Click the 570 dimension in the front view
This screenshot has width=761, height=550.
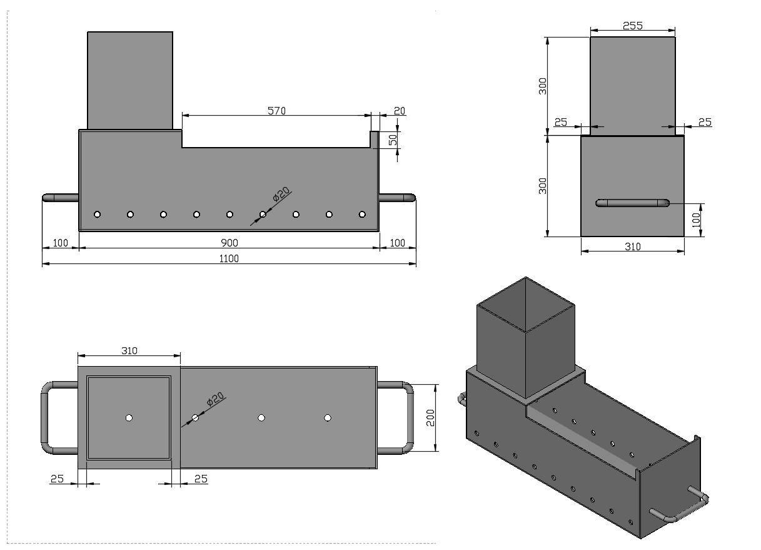(276, 111)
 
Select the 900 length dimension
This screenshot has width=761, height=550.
(229, 243)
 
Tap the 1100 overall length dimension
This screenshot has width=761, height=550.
(229, 258)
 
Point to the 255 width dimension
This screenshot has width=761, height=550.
(633, 26)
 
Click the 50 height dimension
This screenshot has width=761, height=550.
(393, 140)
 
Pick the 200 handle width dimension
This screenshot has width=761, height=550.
(430, 418)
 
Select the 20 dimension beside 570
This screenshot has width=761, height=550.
(400, 111)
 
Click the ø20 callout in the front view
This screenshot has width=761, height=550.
(281, 195)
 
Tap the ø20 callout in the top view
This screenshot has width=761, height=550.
(215, 399)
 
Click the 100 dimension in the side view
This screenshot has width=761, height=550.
(696, 220)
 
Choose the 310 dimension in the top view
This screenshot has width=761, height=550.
(129, 350)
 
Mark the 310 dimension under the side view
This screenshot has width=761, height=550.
(633, 247)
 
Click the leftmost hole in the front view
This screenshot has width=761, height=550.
(97, 215)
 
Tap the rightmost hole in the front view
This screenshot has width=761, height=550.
(362, 215)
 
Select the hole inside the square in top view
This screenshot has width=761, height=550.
(129, 418)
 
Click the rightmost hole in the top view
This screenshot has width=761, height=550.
(328, 418)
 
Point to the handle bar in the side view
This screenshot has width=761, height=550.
(632, 203)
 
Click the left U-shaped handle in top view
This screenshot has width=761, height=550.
(45, 418)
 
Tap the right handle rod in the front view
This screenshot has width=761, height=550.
(397, 198)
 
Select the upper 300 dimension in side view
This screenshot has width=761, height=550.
(543, 86)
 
